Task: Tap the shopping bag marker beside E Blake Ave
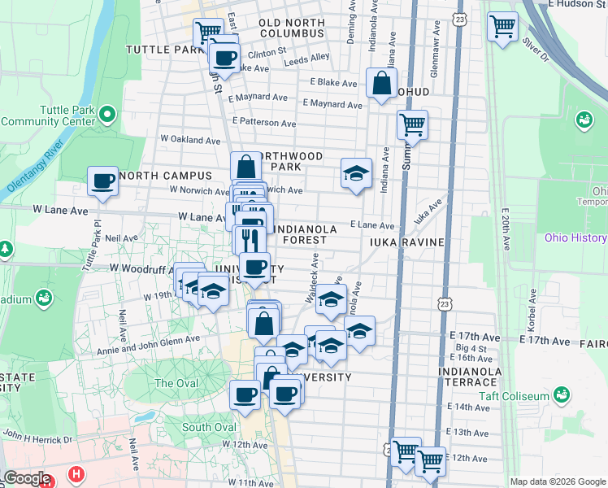[381, 83]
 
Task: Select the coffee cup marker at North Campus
[103, 181]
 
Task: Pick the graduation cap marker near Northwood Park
[356, 173]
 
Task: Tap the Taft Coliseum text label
[514, 396]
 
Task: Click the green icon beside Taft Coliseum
[560, 395]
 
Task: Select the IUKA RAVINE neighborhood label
[406, 242]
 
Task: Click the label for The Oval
[175, 383]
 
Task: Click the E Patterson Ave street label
[263, 122]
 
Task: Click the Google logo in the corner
[28, 477]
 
